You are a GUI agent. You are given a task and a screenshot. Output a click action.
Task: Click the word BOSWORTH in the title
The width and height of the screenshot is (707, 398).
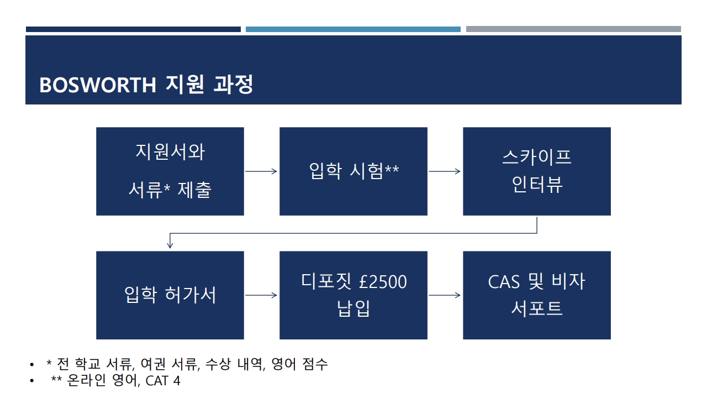click(x=98, y=85)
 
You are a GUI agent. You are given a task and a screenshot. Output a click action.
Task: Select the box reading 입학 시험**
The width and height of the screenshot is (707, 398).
click(x=353, y=171)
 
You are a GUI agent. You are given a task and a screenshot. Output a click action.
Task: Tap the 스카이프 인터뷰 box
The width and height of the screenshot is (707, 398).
click(x=536, y=171)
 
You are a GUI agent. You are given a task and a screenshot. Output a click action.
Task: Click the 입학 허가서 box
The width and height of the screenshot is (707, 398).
click(x=170, y=295)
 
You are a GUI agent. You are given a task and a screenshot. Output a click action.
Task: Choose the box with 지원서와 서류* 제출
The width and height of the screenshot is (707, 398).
click(x=170, y=171)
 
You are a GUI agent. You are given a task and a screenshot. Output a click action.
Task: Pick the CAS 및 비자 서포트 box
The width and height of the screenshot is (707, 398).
click(x=536, y=295)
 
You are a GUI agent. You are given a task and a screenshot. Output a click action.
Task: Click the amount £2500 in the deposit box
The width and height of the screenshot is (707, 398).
click(x=383, y=282)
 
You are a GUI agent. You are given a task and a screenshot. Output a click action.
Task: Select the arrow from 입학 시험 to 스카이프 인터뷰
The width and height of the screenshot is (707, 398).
click(x=445, y=171)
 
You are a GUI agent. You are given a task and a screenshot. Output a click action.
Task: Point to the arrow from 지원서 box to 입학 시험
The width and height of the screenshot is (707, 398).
click(x=261, y=171)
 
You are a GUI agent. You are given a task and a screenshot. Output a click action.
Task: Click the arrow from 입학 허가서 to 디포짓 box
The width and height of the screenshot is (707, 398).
click(x=261, y=295)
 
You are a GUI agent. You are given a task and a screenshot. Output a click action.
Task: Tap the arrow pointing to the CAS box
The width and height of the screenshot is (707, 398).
click(x=445, y=295)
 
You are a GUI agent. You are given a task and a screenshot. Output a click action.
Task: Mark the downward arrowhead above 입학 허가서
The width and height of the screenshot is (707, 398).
click(x=170, y=245)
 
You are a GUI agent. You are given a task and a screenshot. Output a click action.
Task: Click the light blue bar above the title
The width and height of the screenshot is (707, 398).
click(x=353, y=29)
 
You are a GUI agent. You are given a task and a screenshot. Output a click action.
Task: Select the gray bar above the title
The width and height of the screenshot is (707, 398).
click(x=573, y=29)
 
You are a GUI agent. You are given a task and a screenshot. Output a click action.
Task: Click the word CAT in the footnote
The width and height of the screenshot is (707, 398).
click(x=156, y=381)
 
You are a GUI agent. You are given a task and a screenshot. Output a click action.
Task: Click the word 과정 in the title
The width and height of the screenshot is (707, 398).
click(x=233, y=84)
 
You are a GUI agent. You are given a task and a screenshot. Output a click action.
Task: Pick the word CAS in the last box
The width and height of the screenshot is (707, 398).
click(x=504, y=282)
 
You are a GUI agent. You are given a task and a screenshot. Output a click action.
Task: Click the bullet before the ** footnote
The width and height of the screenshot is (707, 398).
click(x=31, y=381)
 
